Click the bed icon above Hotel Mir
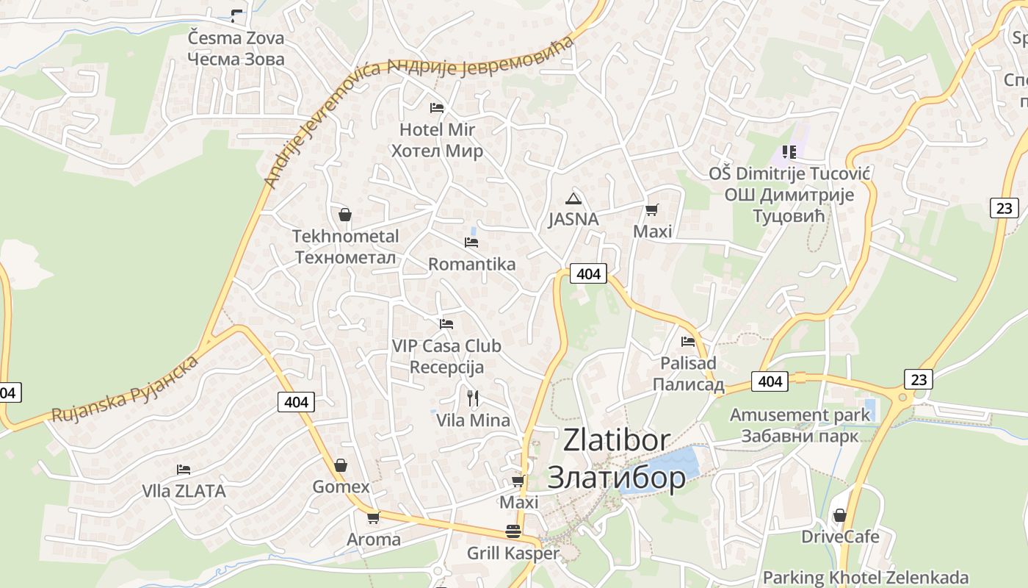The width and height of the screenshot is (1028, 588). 437,107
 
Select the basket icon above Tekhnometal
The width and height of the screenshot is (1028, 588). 345,215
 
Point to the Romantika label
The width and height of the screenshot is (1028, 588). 471,264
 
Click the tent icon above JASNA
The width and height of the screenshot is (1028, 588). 573,198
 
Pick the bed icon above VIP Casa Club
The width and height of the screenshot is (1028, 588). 446,323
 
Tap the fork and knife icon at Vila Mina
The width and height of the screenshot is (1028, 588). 473,398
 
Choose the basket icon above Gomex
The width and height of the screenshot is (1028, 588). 341,465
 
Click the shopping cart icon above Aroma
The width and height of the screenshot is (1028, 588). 373,517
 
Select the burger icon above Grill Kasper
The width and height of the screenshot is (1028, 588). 513,531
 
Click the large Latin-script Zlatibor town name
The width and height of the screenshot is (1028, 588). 616,440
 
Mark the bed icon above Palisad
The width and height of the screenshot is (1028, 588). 688,341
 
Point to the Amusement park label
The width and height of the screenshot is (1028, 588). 799,415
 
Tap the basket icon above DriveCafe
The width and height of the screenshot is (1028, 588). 839,515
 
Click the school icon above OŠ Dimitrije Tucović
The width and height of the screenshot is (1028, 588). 789,152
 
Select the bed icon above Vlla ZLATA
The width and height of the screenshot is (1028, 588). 184,470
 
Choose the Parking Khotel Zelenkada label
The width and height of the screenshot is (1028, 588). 865,578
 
